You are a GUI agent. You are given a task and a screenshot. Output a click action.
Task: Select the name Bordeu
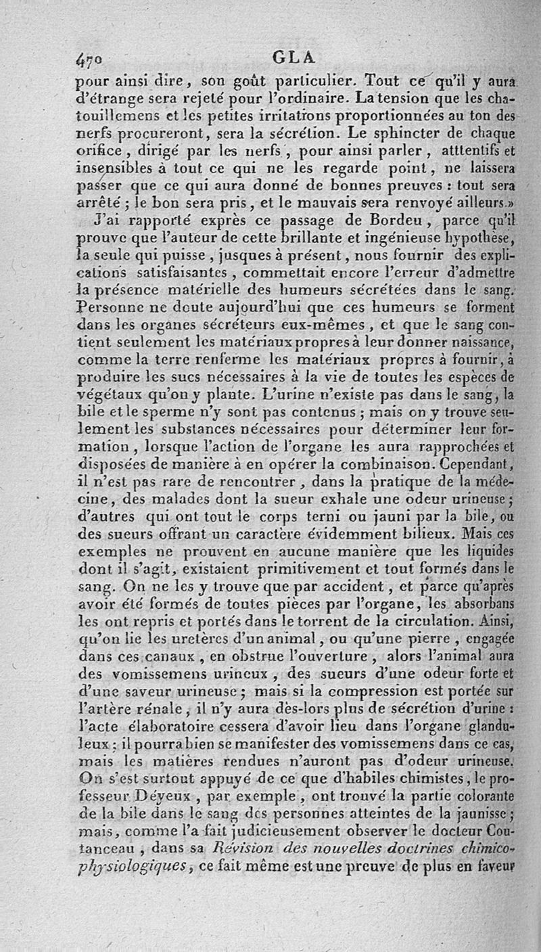(371, 221)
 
